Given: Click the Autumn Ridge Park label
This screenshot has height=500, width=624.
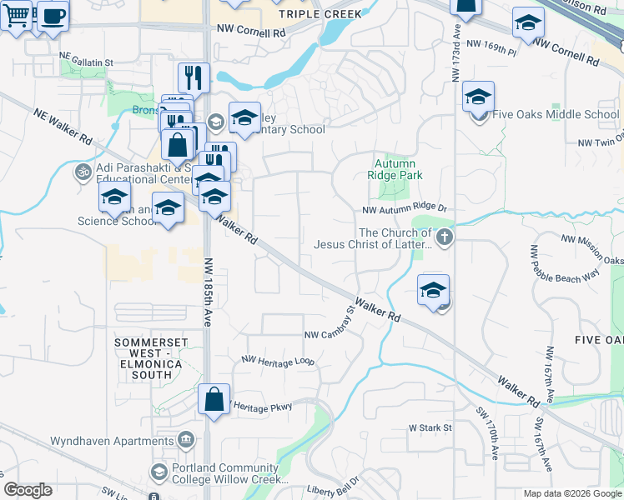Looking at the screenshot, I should [x=395, y=169].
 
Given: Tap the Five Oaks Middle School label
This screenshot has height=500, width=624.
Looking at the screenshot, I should [x=555, y=115].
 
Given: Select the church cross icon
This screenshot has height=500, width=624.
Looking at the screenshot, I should [x=444, y=238].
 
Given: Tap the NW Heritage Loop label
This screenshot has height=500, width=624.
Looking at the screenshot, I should [x=278, y=361].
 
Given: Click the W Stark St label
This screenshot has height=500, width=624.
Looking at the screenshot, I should [x=430, y=427].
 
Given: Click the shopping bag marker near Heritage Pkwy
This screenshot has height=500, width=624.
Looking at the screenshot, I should [x=214, y=398].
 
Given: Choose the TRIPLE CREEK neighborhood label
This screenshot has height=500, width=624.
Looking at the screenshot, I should [x=320, y=14].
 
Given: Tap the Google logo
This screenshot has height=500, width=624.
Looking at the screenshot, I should [x=28, y=490].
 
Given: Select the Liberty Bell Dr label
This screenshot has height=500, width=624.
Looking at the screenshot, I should [x=332, y=487].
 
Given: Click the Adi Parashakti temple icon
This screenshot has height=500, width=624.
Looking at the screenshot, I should [x=82, y=172].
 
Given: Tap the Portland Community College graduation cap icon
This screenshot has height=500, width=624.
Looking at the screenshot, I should [x=158, y=472].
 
